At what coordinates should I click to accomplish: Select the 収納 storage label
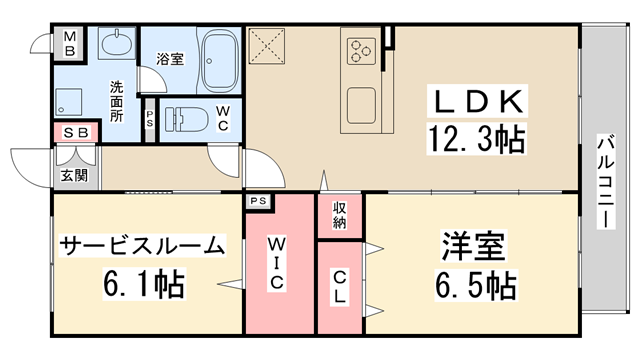(340, 213)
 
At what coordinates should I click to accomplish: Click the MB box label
(70, 45)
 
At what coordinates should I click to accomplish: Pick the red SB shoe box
(75, 132)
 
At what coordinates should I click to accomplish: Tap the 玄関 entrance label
(73, 175)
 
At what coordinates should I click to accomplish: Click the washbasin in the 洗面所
(118, 44)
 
